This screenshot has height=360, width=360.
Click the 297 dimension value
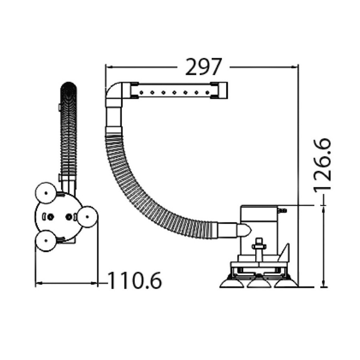click(x=204, y=67)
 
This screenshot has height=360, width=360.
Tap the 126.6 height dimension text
click(x=322, y=164)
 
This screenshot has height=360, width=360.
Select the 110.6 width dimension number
click(x=135, y=280)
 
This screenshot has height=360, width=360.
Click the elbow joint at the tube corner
click(x=114, y=94)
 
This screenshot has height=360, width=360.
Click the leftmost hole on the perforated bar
click(x=141, y=92)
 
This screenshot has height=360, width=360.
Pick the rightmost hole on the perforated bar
click(x=207, y=92)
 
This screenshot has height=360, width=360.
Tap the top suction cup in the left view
click(x=46, y=193)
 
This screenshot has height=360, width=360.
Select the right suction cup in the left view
click(x=87, y=217)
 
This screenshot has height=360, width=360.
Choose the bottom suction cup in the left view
click(x=46, y=241)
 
